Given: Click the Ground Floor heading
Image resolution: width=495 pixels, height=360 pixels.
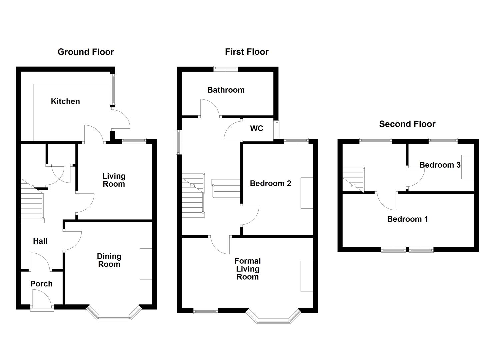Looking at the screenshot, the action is tap(86, 52).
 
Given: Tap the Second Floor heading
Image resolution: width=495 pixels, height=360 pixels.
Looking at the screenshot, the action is tap(407, 124).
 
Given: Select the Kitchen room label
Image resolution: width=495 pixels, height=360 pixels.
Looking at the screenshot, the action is tap(65, 101).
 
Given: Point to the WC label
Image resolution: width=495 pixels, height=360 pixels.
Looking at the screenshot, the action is tap(257, 128).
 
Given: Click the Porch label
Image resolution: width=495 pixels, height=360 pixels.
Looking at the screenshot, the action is tap(42, 284).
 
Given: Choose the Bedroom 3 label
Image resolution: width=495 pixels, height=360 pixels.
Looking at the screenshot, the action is tap(440, 165).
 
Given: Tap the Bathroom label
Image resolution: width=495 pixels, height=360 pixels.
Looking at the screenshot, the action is tap(226, 90).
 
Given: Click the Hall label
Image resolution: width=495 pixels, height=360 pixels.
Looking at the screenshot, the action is tap(40, 241).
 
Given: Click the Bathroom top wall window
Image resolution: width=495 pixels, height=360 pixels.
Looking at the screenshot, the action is tap(226, 69).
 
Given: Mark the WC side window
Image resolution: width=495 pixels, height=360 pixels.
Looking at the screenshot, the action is tap(276, 130).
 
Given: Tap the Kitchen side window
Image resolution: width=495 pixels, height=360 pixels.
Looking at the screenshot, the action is tap(113, 90).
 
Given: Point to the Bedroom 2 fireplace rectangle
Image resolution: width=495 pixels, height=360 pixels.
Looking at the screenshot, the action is tap(307, 193).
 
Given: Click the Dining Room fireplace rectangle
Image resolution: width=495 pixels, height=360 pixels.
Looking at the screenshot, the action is tap(146, 264).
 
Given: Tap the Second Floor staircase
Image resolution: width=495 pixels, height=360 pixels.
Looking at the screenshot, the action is tap(353, 180).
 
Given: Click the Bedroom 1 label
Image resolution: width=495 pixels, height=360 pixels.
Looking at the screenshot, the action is tap(407, 219).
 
